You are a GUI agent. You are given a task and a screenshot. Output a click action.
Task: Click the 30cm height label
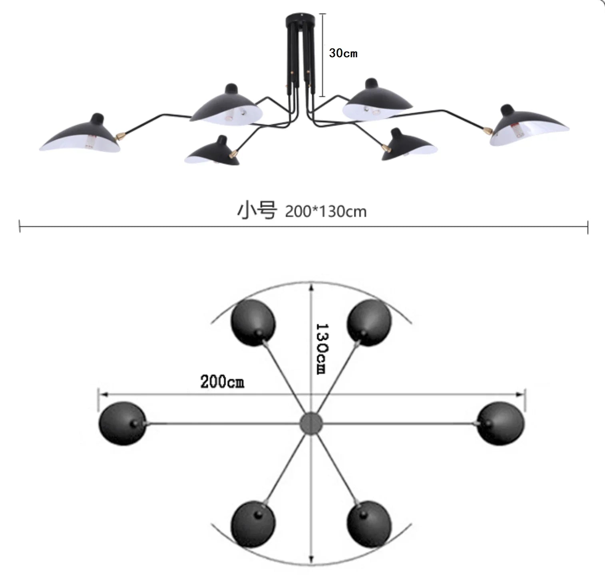(343, 53)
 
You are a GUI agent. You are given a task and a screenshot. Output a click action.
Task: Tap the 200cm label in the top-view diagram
(222, 381)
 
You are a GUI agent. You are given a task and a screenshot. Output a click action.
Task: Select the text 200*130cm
(326, 211)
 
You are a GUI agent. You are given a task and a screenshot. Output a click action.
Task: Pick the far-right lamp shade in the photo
(527, 127)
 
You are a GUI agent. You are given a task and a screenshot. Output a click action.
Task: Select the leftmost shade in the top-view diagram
(122, 423)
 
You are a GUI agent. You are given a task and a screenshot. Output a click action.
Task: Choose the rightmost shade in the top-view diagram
(501, 423)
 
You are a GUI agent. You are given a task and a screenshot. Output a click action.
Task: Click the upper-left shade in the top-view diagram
(253, 323)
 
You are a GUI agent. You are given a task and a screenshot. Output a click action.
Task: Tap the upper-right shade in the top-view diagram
(369, 323)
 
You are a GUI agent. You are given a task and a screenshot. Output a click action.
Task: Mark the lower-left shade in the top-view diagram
(253, 524)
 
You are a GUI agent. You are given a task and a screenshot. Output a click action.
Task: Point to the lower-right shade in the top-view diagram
(369, 524)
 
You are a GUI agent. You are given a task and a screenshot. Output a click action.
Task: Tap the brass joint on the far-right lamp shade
(488, 130)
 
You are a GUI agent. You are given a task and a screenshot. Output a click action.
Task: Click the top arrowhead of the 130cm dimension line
(311, 285)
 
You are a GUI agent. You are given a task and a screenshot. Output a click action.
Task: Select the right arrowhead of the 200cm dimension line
(521, 395)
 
